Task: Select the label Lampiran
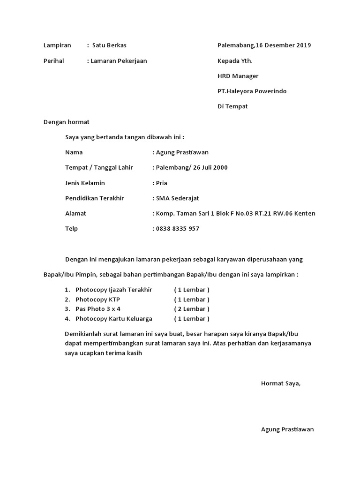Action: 57,45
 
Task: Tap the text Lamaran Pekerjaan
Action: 119,61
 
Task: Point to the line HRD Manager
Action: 238,76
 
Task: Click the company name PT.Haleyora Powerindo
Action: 252,91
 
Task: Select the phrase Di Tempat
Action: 232,106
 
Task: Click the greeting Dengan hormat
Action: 66,122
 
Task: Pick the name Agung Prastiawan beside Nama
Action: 182,152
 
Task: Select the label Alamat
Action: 75,213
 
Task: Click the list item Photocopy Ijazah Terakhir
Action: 114,290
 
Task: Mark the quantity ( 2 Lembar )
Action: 191,309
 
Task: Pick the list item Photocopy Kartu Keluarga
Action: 114,319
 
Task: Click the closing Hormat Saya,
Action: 281,383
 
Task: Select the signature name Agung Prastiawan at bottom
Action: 287,429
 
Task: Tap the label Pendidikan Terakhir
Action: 94,198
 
